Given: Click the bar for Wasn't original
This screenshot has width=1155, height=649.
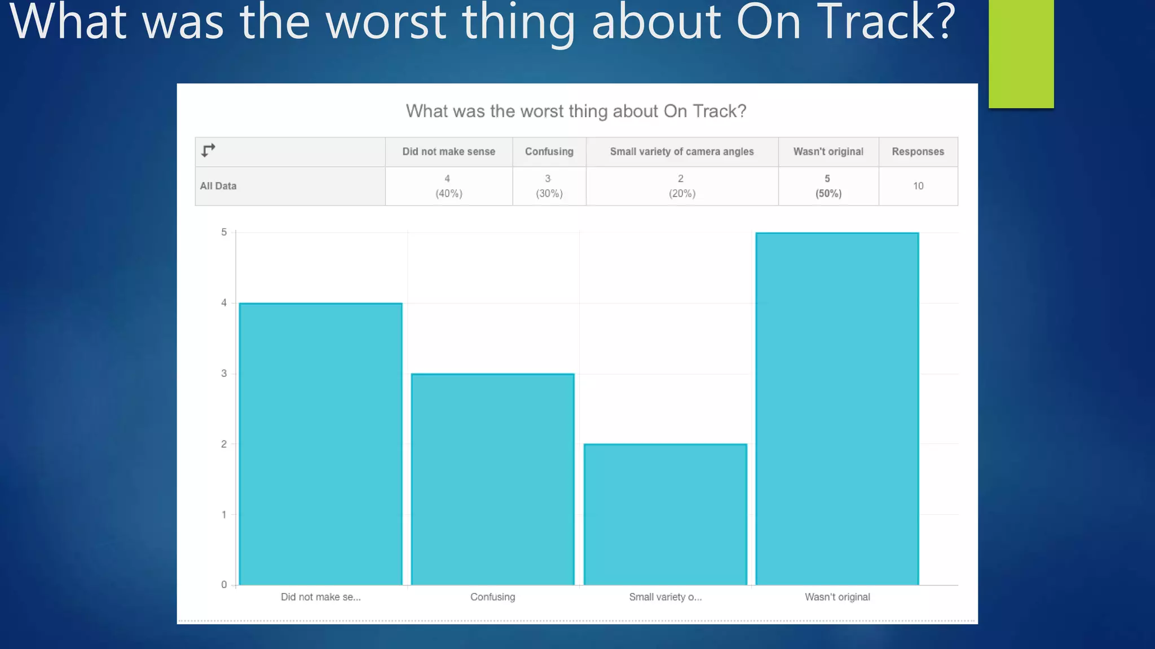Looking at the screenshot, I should pos(837,408).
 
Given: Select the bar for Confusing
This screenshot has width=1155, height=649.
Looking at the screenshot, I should pos(492,479).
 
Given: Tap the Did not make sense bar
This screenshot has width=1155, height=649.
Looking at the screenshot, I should pos(320,444).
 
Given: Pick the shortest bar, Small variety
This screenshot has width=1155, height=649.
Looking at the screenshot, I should pos(665,514).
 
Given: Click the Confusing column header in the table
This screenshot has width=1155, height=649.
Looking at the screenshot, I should pos(549,152).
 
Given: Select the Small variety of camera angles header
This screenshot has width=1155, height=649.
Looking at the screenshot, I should pos(681,152).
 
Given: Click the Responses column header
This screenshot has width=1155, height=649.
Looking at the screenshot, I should pos(918,152).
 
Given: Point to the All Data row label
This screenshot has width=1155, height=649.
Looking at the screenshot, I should pos(218,186).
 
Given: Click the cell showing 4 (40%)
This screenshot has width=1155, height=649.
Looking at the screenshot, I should pos(448,186).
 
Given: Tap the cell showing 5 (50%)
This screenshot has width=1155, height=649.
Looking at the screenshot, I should pos(828,186).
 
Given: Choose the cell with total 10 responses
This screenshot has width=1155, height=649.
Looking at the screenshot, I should pos(918,186).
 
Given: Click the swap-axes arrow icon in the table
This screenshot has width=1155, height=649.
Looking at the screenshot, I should pos(208,150).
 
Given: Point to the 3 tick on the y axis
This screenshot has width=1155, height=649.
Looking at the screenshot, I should pos(224,374).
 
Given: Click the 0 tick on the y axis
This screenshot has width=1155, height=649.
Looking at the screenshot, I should pos(224,585).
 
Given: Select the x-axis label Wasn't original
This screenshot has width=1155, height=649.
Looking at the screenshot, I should pos(837,597).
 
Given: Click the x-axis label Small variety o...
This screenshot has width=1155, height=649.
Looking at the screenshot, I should pos(665,597).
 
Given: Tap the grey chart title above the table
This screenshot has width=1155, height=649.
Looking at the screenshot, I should pos(576,111).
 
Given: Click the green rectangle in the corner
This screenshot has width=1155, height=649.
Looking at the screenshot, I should pos(1021,54).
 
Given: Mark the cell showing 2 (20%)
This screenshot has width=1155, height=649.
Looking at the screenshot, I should pos(681,186).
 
